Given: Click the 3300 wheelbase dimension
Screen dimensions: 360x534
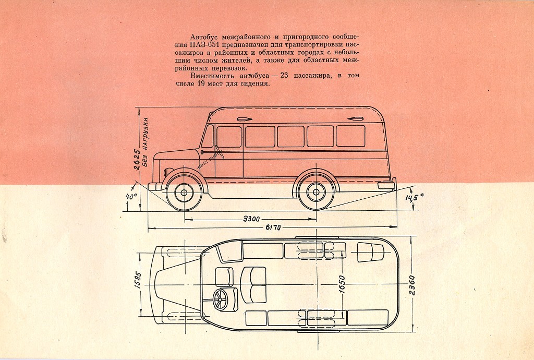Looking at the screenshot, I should coord(252,219).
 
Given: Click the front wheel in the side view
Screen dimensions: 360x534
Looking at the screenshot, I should coord(184,193).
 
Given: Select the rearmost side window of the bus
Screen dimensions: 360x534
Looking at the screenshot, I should coord(350,136).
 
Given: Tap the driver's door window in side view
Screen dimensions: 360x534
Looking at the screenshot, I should coord(228,137).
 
